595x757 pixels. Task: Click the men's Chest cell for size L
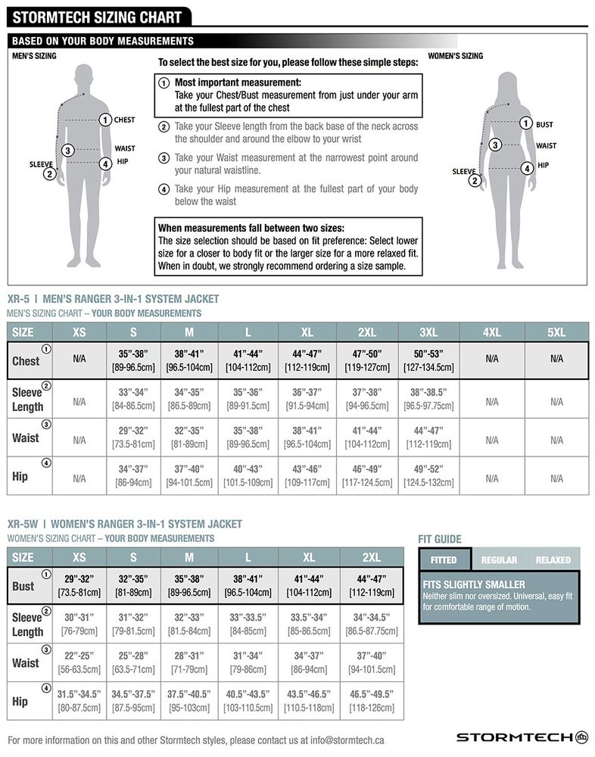point(248,360)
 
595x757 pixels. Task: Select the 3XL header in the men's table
point(428,332)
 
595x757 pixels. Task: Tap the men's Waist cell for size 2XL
point(366,438)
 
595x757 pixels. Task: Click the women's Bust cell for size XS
point(79,585)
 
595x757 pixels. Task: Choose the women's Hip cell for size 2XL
point(371,700)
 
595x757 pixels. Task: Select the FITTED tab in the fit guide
point(444,559)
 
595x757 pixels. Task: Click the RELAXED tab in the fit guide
point(553,559)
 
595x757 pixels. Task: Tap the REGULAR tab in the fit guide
point(499,559)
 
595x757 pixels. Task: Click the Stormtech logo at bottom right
point(522,737)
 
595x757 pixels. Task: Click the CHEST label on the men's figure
point(124,120)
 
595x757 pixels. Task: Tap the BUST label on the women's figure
point(544,124)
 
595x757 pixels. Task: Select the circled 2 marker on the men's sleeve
point(50,174)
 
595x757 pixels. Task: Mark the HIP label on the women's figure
point(543,165)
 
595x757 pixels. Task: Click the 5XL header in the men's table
point(556,332)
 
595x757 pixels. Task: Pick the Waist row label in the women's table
point(26,662)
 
